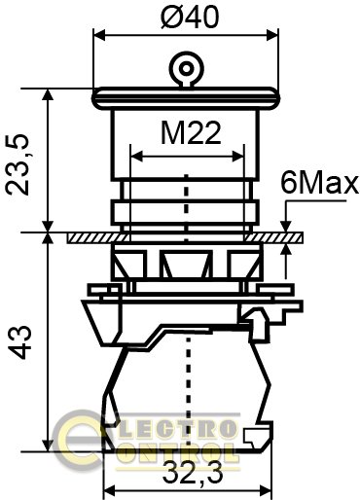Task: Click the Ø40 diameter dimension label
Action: click(x=190, y=18)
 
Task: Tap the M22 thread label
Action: click(x=191, y=133)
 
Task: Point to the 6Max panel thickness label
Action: click(x=319, y=184)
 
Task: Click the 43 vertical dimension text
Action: click(x=19, y=342)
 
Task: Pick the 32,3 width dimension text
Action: click(x=193, y=473)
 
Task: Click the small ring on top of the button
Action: click(x=186, y=68)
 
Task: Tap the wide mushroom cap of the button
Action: click(x=186, y=98)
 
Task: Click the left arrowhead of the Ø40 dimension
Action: click(x=99, y=35)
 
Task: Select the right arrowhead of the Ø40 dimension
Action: click(x=272, y=35)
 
